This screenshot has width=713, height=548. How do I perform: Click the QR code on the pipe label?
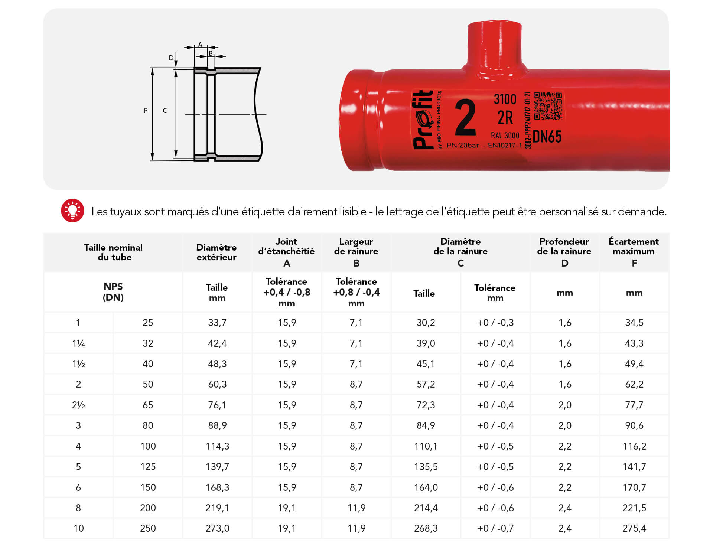[x=547, y=106]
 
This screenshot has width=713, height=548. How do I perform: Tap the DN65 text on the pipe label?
[x=547, y=137]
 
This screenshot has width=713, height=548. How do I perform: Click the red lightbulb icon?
[x=72, y=211]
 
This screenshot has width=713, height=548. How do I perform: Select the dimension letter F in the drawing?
[x=146, y=111]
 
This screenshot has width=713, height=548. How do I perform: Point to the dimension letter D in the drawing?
[x=171, y=58]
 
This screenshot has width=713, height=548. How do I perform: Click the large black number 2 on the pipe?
[x=465, y=118]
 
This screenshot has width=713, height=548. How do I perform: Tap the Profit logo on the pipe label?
[x=423, y=120]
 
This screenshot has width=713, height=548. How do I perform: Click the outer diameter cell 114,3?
[x=217, y=446]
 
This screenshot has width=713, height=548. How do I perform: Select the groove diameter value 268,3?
[x=426, y=528]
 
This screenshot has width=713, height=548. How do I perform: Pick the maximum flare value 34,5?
[x=634, y=322]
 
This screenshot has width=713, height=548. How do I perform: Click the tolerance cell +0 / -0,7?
[x=495, y=528]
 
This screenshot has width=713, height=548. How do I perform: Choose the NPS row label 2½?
[x=78, y=405]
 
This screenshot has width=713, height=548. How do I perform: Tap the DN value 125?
[x=148, y=467]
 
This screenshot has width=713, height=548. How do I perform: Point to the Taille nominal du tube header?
[x=113, y=252]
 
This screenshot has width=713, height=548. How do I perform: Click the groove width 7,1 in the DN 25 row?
[x=356, y=322]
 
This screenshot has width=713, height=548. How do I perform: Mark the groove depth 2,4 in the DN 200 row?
[x=564, y=508]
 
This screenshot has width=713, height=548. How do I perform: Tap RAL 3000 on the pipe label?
[x=505, y=136]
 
